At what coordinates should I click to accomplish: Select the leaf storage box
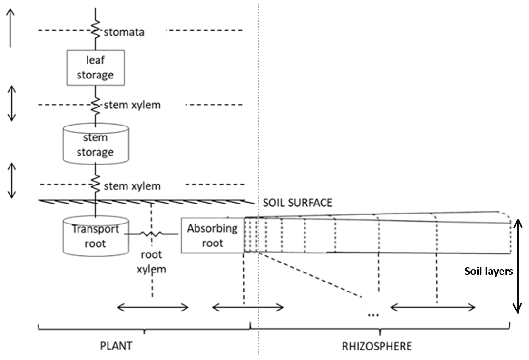[x=96, y=68]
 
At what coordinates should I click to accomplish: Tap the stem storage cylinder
[x=96, y=145]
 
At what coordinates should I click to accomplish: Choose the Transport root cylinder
[x=95, y=236]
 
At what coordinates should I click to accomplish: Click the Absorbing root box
[x=212, y=235]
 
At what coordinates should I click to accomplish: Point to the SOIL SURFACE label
[x=297, y=203]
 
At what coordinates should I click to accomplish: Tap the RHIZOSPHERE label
[x=377, y=346]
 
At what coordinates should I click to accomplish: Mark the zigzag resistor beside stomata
[x=95, y=31]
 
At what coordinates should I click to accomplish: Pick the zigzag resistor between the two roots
[x=151, y=234]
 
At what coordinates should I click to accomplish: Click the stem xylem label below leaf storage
[x=132, y=105]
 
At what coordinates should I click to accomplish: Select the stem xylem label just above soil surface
[x=132, y=185]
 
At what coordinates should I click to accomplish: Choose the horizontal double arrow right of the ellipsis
[x=432, y=308]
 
